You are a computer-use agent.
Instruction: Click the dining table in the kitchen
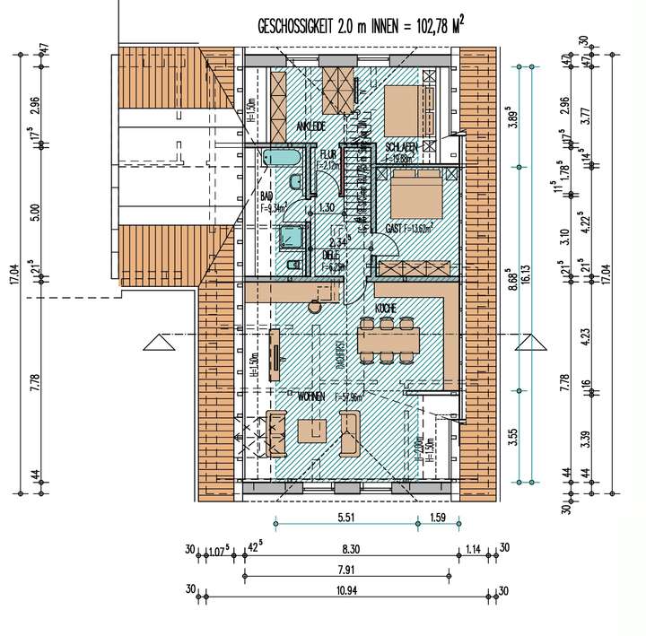(388, 340)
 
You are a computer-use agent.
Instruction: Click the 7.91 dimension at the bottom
(346, 568)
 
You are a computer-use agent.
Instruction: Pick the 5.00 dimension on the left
(35, 213)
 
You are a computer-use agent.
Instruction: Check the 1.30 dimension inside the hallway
(327, 207)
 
